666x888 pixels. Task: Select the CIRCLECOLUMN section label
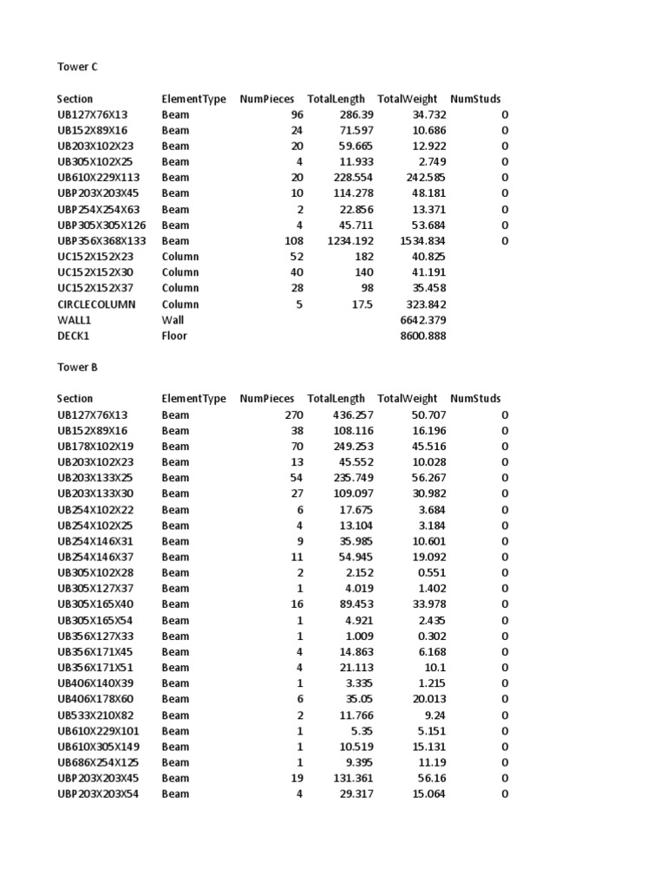(x=96, y=304)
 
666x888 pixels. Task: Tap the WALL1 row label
(x=73, y=320)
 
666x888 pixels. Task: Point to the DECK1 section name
(x=73, y=336)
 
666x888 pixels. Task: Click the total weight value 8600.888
(x=423, y=336)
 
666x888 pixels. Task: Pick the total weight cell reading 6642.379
(x=423, y=320)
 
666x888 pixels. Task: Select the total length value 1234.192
(x=350, y=241)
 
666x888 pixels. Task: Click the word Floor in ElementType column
(x=174, y=336)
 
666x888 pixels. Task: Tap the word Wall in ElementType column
(x=173, y=320)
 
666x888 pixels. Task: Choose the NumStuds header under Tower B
(x=475, y=399)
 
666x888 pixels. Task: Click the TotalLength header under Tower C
(x=336, y=99)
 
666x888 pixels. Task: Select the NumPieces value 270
(x=294, y=415)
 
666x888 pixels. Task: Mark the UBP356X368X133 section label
(x=101, y=241)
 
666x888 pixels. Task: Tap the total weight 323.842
(x=426, y=304)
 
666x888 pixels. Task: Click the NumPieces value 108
(x=294, y=241)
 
